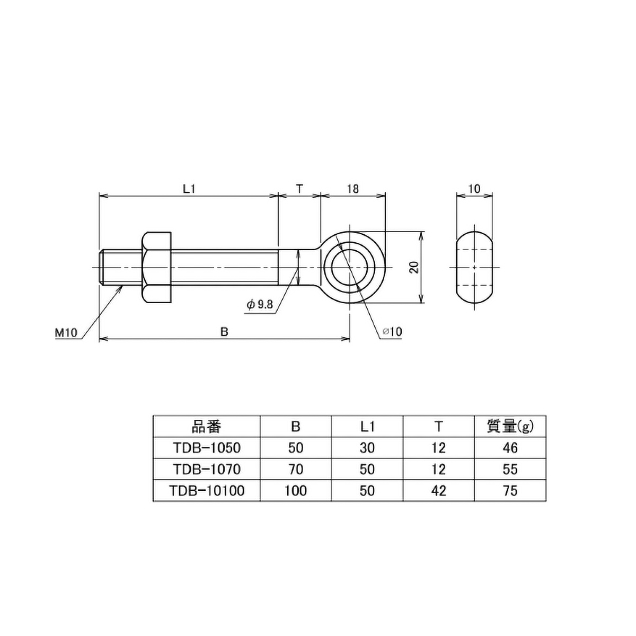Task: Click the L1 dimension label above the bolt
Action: click(189, 188)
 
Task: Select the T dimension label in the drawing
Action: click(299, 188)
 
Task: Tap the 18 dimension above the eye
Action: click(352, 188)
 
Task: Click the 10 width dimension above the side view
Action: click(474, 188)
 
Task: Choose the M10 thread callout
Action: click(66, 332)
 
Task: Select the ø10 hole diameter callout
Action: click(392, 331)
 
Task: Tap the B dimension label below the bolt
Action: click(224, 331)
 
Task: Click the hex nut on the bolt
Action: click(156, 267)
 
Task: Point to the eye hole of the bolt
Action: click(349, 267)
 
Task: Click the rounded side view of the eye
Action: click(474, 267)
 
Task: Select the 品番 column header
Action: click(206, 426)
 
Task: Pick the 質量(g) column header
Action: click(509, 426)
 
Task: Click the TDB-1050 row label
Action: click(206, 448)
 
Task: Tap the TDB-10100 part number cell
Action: click(206, 491)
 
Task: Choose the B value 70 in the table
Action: click(296, 469)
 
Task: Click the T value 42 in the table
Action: click(439, 491)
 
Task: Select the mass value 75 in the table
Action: click(510, 491)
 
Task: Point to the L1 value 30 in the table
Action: click(367, 448)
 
